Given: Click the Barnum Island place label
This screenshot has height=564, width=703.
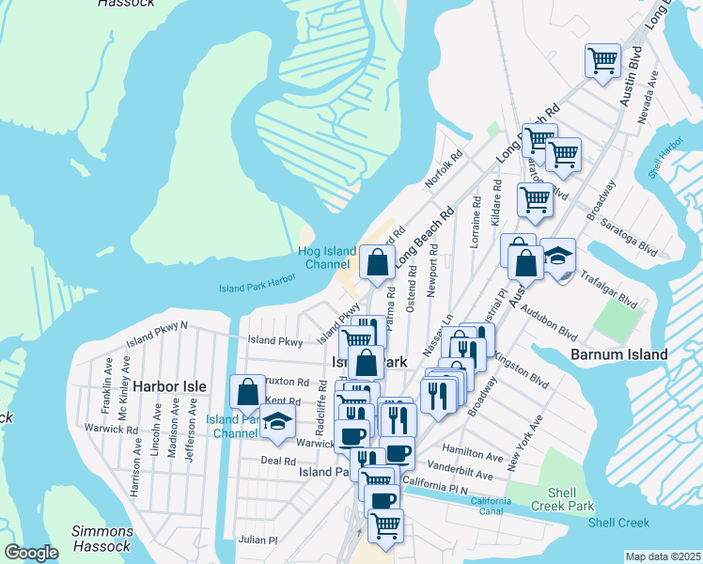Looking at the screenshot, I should [619, 354].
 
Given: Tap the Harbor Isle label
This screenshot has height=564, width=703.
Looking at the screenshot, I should [168, 386].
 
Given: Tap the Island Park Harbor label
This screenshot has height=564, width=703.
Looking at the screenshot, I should [258, 283].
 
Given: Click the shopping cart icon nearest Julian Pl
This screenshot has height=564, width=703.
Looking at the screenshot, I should [384, 526].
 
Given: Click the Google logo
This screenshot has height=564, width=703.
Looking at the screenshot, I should [31, 553].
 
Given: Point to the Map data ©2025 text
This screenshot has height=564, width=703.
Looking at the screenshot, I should [663, 556].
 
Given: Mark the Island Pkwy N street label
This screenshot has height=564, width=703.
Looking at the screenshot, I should [158, 327].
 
